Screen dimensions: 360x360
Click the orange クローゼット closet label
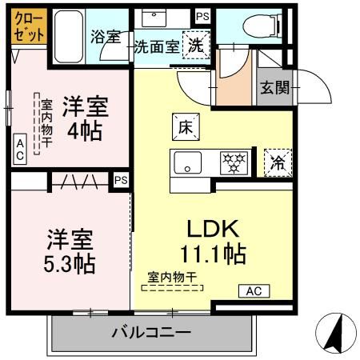pos(28,25)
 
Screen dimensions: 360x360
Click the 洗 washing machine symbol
pos(195,45)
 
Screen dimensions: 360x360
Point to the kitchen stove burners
pos(235,162)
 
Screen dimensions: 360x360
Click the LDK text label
pos(214,227)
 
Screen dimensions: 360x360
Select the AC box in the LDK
pos(254,291)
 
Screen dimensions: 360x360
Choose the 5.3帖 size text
pos(70,263)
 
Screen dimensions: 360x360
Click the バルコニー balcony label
pos(151,332)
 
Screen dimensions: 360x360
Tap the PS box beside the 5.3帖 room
pos(121,181)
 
